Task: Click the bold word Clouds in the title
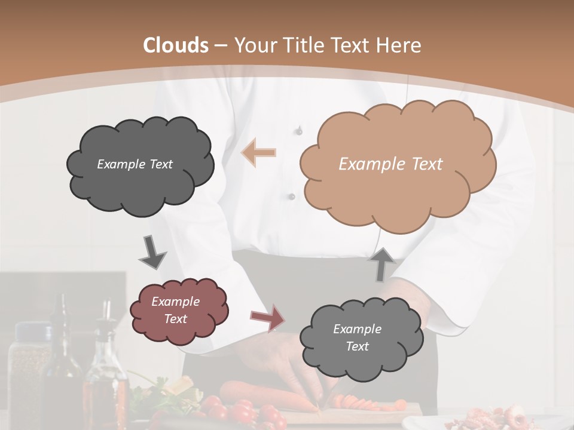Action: coord(176,45)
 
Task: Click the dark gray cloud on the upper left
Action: coord(140,179)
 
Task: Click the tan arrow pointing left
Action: coord(259,152)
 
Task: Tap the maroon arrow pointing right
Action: coord(268,317)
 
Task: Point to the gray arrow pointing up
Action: coord(383,264)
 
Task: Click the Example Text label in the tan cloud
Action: coord(390,164)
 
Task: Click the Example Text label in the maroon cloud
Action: coord(175,311)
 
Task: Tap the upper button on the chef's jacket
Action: coord(299,130)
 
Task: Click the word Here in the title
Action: coord(400,45)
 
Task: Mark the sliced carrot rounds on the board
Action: coord(359,403)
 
